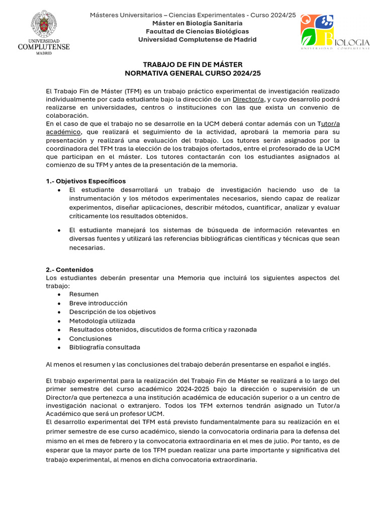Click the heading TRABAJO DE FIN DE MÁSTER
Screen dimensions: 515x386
click(193, 65)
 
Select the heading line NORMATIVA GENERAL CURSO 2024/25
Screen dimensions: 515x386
click(193, 73)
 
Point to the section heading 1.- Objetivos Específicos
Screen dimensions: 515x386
click(86, 181)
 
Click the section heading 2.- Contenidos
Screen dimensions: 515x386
click(69, 270)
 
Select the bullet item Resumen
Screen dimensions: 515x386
click(84, 294)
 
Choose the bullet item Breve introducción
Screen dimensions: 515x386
click(98, 303)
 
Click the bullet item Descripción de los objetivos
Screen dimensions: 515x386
click(113, 312)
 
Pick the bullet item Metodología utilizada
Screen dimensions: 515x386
click(102, 321)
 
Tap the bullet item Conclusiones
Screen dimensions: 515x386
click(90, 338)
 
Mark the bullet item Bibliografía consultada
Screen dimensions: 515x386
click(105, 348)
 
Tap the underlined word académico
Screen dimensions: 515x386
click(63, 132)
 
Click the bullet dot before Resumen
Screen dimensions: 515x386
click(59, 294)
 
